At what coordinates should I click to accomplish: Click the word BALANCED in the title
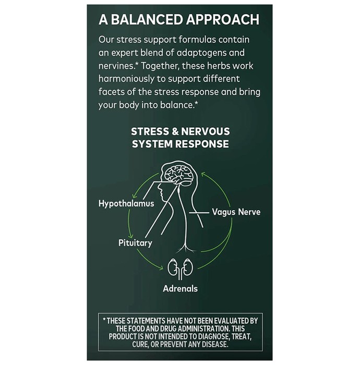147,20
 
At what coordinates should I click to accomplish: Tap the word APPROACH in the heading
222,20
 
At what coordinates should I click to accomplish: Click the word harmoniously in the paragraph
126,79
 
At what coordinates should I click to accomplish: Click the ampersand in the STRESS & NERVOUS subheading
175,131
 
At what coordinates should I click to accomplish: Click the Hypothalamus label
126,204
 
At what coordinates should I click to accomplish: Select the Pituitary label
135,243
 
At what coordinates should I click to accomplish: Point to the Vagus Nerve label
236,212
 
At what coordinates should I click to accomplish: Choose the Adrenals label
180,289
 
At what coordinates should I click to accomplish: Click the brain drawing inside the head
179,174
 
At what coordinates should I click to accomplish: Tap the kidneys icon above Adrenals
180,269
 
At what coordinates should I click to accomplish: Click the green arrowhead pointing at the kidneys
161,268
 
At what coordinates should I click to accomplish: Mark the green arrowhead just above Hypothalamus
135,196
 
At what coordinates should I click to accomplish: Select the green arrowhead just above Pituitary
131,235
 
